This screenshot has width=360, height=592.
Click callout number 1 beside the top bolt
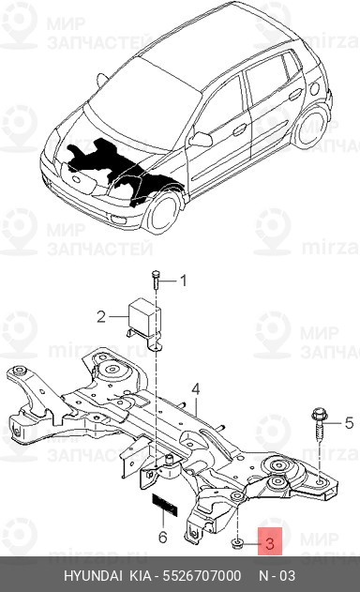(183, 281)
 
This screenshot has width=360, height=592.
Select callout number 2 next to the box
(101, 316)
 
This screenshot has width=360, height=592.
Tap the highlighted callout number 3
(269, 543)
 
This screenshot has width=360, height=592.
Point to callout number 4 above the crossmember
(195, 389)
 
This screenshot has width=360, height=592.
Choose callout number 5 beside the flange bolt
(349, 423)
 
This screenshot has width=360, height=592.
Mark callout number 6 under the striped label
(162, 537)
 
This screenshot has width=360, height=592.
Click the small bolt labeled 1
(156, 281)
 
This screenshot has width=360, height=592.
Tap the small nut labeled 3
(237, 544)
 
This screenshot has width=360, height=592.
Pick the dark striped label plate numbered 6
(164, 505)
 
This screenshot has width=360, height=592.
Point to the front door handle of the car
(240, 130)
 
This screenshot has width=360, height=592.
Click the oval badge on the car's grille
(77, 179)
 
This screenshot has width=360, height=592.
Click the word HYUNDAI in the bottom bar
(93, 576)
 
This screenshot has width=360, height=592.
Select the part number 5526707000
(202, 576)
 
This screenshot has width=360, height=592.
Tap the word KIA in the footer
(141, 576)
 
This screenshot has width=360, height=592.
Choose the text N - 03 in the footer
(277, 576)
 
